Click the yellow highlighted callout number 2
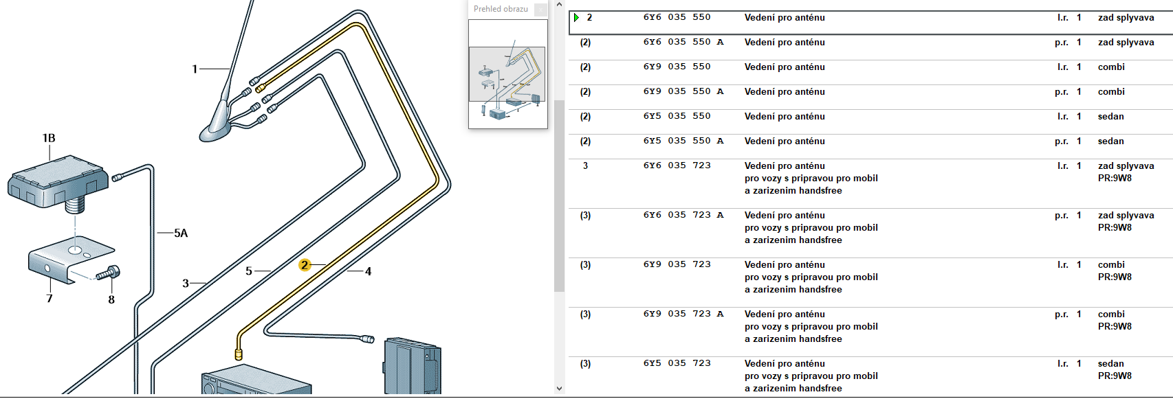(x=304, y=265)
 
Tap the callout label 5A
(x=181, y=233)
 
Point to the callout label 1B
(x=49, y=138)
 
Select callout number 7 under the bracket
(x=50, y=299)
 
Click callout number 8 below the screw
(x=111, y=299)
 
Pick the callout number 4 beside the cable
(x=368, y=271)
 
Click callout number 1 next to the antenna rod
(x=195, y=69)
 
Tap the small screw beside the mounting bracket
(x=109, y=273)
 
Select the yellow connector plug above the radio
(x=239, y=354)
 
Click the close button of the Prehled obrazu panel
(x=541, y=10)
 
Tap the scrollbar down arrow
(x=559, y=389)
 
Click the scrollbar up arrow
(x=559, y=5)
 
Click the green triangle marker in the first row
(x=577, y=18)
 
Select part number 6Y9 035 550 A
(x=683, y=91)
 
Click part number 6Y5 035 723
(x=677, y=363)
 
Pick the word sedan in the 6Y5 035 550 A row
(x=1110, y=141)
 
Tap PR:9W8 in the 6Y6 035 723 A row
(x=1115, y=228)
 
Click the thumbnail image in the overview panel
(x=508, y=73)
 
